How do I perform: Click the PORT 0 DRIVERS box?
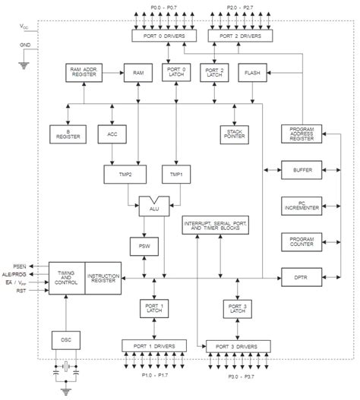tap(163, 36)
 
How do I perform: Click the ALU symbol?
tap(154, 206)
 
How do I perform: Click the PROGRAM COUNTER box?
tap(302, 241)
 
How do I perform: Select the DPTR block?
tap(302, 277)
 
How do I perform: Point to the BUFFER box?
tap(302, 169)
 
